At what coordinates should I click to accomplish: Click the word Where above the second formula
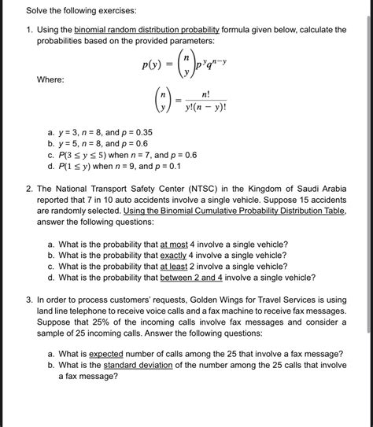tap(50, 80)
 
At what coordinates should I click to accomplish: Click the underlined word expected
tap(108, 354)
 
